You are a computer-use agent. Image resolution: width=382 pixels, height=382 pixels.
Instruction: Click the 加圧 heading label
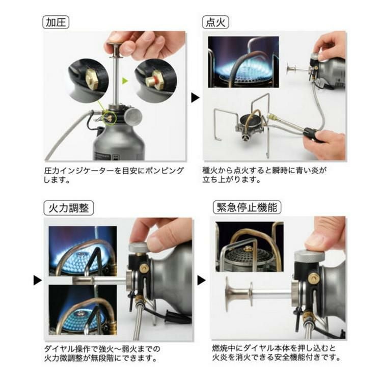pos(57,22)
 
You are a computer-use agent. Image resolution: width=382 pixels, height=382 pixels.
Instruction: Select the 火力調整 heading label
pos(68,208)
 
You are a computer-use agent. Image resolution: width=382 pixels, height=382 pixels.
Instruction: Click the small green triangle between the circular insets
pos(125,80)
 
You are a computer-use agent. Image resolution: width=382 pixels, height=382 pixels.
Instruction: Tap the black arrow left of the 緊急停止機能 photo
pos(202,280)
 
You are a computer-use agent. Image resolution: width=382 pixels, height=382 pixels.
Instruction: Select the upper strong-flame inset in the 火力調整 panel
pos(82,251)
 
